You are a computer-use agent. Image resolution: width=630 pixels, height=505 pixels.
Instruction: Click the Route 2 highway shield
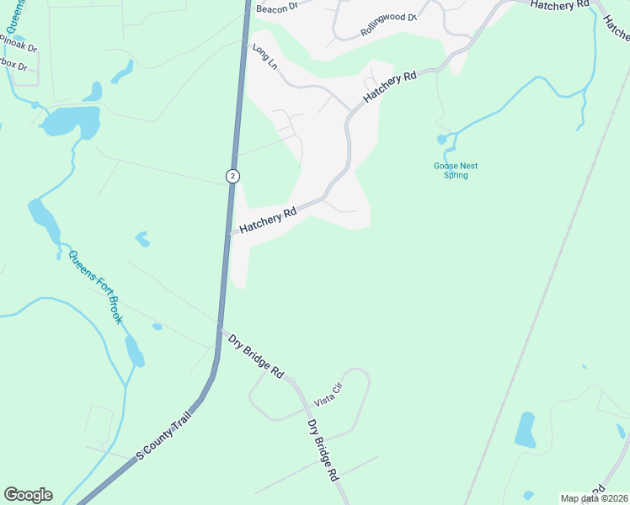coord(232,176)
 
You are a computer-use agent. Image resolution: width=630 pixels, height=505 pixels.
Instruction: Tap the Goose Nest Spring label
coord(456,171)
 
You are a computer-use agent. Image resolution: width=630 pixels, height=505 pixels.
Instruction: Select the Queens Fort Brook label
coord(96,287)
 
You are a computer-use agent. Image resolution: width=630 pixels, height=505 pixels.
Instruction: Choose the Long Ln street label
coord(264,56)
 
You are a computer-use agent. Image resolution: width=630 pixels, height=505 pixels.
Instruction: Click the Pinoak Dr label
coord(19,44)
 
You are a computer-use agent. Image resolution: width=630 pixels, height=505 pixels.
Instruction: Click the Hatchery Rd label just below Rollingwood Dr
coord(390,88)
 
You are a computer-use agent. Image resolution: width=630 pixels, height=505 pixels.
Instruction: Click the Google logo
coord(28,495)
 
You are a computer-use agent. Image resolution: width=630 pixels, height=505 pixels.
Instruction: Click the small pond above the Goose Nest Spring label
coord(442,139)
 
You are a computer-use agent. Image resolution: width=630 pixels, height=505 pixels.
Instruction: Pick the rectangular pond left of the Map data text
coord(525,429)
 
